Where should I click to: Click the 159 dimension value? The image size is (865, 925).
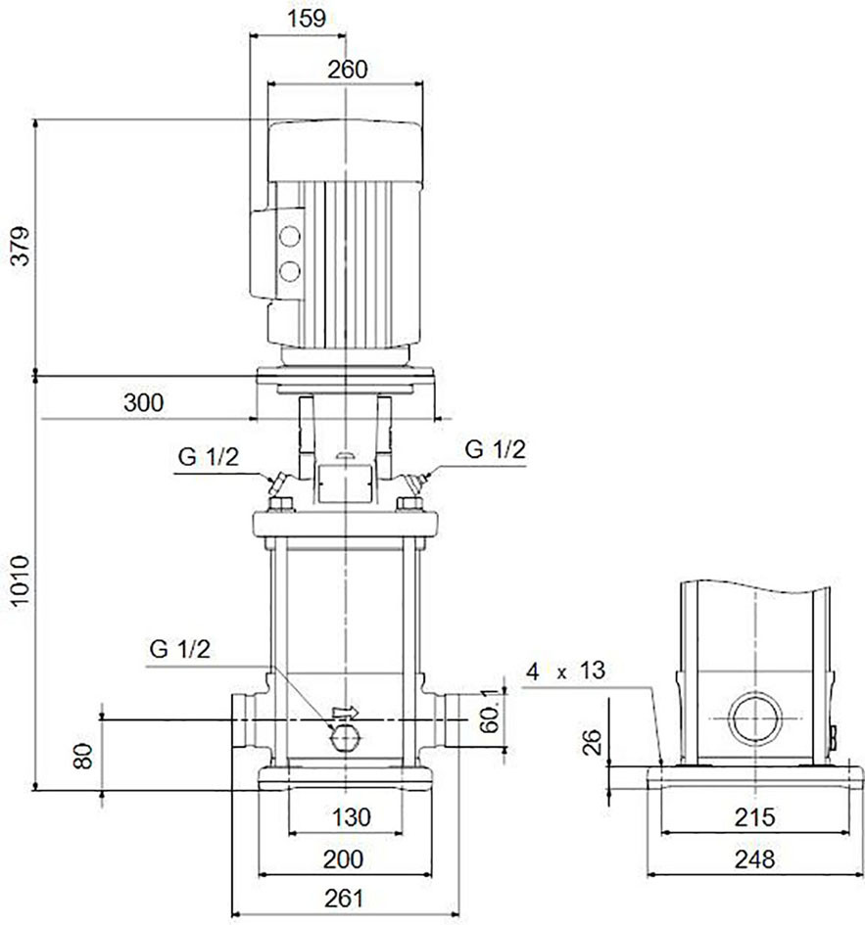307,19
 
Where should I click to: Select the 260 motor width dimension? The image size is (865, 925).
347,69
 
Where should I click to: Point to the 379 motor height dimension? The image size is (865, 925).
20,246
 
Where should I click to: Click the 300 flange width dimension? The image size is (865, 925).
143,402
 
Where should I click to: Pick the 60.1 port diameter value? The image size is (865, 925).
490,711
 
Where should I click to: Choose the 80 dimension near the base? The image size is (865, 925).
83,756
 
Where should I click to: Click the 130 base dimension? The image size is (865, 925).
352,817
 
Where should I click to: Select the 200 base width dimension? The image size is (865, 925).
343,859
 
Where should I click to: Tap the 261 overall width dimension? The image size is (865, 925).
344,899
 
